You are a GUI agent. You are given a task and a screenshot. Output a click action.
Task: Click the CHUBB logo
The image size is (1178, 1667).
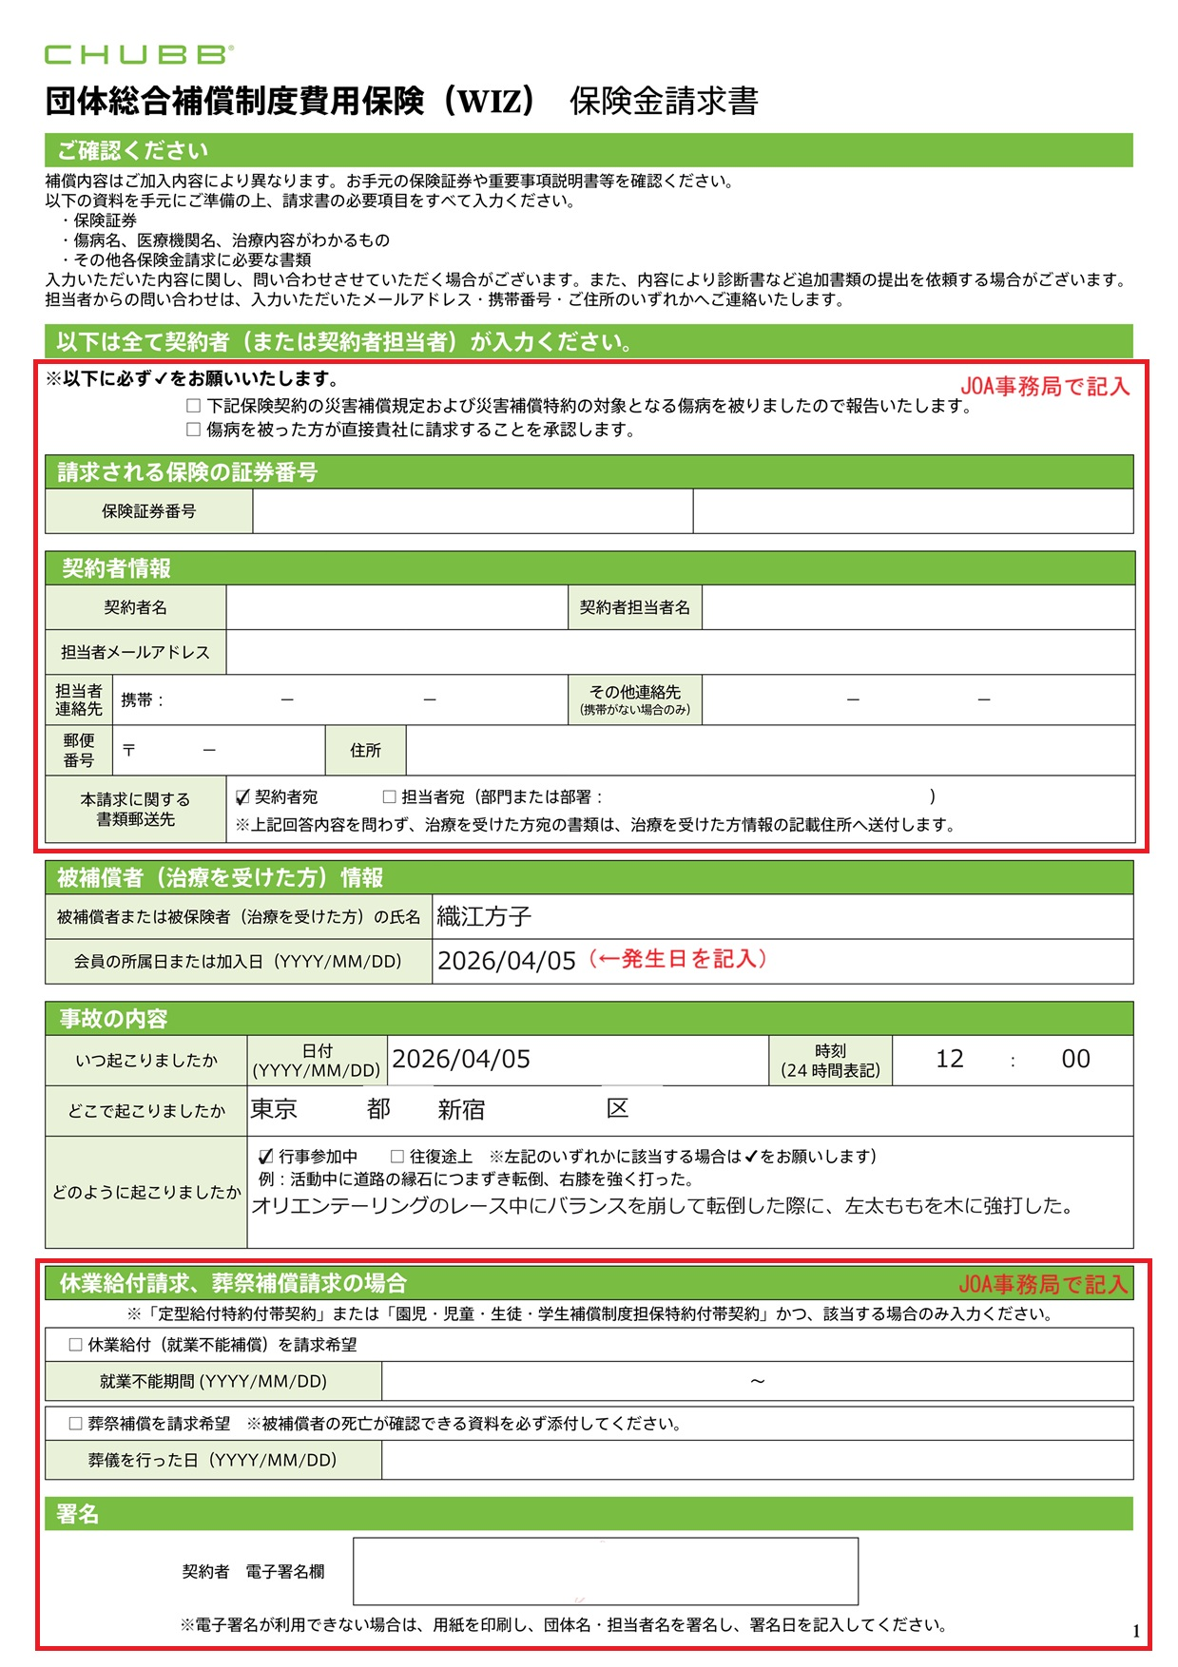[139, 54]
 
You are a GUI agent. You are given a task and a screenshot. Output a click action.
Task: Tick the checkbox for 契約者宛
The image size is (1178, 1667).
[242, 796]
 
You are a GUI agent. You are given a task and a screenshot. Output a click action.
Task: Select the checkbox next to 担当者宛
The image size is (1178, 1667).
[389, 796]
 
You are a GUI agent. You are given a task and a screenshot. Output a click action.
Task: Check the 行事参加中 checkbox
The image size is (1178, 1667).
[266, 1157]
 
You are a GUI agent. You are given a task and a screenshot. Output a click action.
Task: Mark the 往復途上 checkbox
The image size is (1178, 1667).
[397, 1157]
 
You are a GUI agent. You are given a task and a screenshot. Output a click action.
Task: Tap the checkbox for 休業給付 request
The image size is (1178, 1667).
[76, 1345]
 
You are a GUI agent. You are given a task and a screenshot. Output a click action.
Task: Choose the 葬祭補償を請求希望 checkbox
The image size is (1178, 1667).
[76, 1424]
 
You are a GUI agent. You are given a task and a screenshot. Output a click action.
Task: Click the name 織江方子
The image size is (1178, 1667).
[484, 916]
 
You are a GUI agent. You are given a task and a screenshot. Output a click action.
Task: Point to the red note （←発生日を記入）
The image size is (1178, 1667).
[677, 959]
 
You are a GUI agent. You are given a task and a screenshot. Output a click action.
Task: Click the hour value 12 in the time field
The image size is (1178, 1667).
[949, 1060]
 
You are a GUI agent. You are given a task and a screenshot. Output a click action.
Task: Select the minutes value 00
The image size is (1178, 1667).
[1075, 1060]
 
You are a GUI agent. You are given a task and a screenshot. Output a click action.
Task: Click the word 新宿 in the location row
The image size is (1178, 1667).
[461, 1110]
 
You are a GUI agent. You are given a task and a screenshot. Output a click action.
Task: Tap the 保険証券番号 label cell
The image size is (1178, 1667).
[149, 511]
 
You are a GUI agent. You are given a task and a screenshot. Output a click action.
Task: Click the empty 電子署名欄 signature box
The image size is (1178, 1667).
[605, 1571]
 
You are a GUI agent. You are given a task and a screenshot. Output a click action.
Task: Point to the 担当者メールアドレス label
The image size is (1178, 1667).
[135, 652]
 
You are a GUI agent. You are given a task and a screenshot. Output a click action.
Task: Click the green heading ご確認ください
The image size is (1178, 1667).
[132, 150]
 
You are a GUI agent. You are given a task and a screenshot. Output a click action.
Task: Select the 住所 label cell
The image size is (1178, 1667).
[365, 751]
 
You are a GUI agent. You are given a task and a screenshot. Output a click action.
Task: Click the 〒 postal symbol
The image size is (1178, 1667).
[128, 751]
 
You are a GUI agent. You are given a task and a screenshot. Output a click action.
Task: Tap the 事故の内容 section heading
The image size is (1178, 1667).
[113, 1019]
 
